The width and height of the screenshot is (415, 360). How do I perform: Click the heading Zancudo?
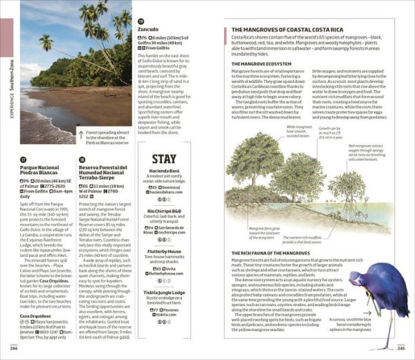pyautogui.click(x=148, y=30)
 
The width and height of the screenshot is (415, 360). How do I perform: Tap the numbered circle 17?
pyautogui.click(x=23, y=159)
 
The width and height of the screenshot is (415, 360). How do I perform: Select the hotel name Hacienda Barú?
pyautogui.click(x=164, y=171)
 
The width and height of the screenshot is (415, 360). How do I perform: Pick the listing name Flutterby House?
pyautogui.click(x=164, y=252)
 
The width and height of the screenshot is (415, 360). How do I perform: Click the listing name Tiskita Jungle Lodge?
pyautogui.click(x=164, y=292)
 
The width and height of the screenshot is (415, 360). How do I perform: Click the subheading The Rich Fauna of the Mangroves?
pyautogui.click(x=275, y=254)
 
